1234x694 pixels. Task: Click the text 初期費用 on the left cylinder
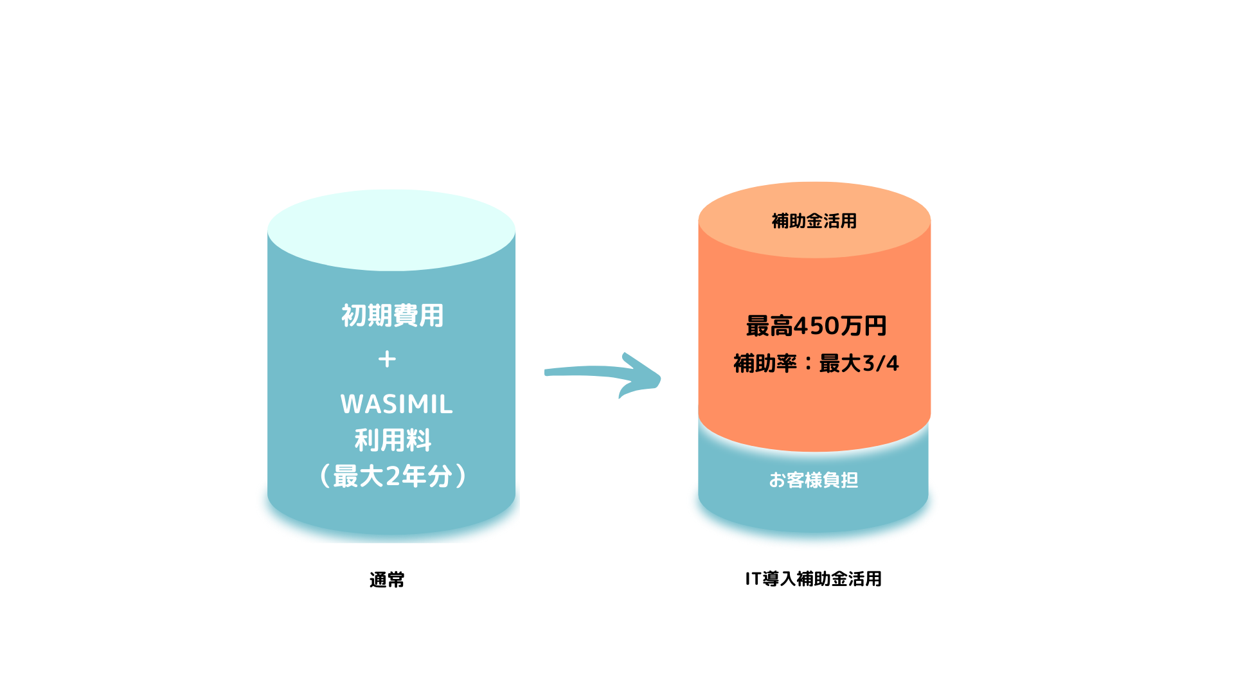tap(392, 316)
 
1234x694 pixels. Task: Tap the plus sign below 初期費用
tap(387, 359)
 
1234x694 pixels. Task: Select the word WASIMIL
tap(397, 404)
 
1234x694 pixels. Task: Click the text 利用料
tap(393, 440)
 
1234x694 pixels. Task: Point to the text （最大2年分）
tap(393, 476)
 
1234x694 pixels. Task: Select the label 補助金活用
tap(814, 221)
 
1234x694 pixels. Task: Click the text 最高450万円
tap(816, 326)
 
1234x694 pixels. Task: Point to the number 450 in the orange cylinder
tap(816, 326)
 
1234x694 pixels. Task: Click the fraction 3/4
tap(880, 364)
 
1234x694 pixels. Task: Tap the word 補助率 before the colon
tap(765, 364)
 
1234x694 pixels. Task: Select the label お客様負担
tap(813, 480)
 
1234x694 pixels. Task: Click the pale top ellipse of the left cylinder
tap(391, 229)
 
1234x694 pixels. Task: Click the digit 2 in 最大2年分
tap(393, 476)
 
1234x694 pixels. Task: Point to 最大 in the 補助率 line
tap(839, 364)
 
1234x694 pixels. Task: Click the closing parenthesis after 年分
tap(460, 476)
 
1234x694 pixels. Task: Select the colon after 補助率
tap(808, 364)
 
